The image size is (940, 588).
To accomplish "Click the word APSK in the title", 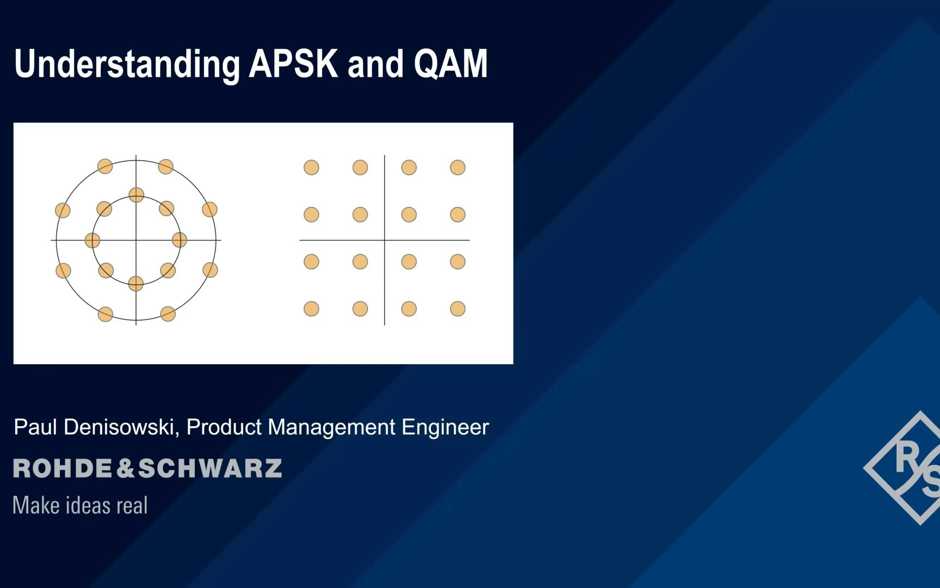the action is [x=293, y=64].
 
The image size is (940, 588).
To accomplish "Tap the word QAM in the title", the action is [x=450, y=64].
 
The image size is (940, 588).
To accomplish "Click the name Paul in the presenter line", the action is [x=35, y=427].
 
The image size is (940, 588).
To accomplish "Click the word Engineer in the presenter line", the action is [x=445, y=427].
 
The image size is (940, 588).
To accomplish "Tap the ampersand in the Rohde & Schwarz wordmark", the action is [x=125, y=468].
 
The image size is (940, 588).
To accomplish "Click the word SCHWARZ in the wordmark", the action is [x=211, y=468].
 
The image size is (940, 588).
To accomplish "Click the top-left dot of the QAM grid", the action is [x=311, y=167].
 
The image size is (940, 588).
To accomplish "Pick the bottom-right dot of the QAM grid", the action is [x=457, y=309].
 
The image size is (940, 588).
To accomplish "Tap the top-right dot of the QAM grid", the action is [x=457, y=167].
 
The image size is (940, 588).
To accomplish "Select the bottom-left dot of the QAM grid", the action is [x=311, y=309].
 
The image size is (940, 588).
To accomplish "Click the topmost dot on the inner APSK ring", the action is [x=136, y=195].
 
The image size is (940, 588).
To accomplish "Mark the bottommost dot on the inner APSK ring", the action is [x=136, y=283].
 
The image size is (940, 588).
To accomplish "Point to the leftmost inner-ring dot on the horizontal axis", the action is [x=92, y=240].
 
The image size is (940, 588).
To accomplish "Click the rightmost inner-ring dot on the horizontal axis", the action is [x=180, y=240].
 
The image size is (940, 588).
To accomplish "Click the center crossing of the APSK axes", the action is [x=136, y=240].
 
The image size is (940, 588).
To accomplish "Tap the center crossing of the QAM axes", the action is [x=385, y=240].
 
